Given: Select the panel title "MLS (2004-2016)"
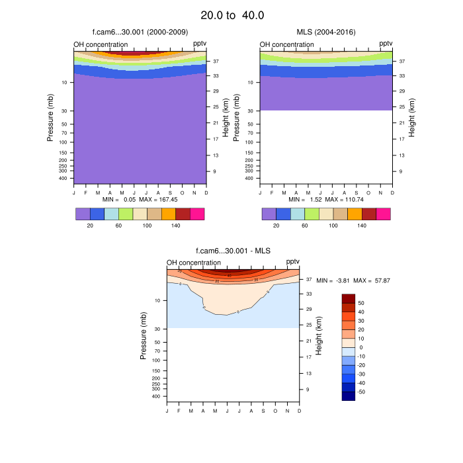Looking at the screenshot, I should click(x=325, y=32).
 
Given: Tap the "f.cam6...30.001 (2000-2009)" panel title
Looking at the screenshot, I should click(x=140, y=32).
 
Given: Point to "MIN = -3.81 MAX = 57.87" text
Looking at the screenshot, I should click(x=354, y=281).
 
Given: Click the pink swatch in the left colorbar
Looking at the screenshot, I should click(x=197, y=214).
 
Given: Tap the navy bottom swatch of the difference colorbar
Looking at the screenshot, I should click(x=349, y=396).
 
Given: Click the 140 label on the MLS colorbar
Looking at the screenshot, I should click(x=362, y=226).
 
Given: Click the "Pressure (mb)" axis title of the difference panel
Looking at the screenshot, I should click(x=144, y=336).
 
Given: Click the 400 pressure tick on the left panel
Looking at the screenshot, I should click(x=63, y=178).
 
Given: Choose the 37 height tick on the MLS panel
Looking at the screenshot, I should click(x=401, y=60).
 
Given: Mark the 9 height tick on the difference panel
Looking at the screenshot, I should click(x=307, y=389).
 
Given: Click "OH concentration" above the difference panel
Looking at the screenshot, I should click(x=194, y=263).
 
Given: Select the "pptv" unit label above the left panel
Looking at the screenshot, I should click(x=200, y=44).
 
